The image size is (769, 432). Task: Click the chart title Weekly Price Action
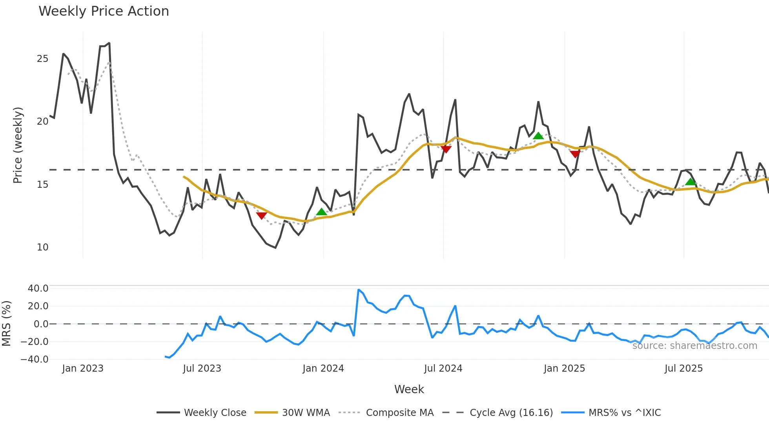click(x=104, y=11)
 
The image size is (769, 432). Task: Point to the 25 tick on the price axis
click(x=42, y=59)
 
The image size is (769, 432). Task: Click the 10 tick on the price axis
click(x=42, y=247)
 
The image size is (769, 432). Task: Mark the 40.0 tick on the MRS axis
click(x=38, y=289)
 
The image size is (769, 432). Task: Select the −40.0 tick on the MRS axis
click(x=35, y=359)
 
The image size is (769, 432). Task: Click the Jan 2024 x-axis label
click(x=323, y=368)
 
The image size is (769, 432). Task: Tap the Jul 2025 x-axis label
click(x=683, y=368)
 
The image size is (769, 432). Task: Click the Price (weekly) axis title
click(x=18, y=145)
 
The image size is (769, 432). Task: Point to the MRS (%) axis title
click(x=6, y=323)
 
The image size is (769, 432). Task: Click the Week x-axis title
click(x=409, y=389)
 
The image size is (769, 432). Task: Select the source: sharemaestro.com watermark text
click(x=694, y=346)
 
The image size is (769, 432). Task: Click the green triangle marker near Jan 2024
click(x=321, y=212)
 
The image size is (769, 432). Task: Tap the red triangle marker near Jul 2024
click(x=446, y=149)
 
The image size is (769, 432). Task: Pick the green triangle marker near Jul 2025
click(x=691, y=182)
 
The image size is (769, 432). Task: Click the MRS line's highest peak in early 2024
click(x=359, y=290)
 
